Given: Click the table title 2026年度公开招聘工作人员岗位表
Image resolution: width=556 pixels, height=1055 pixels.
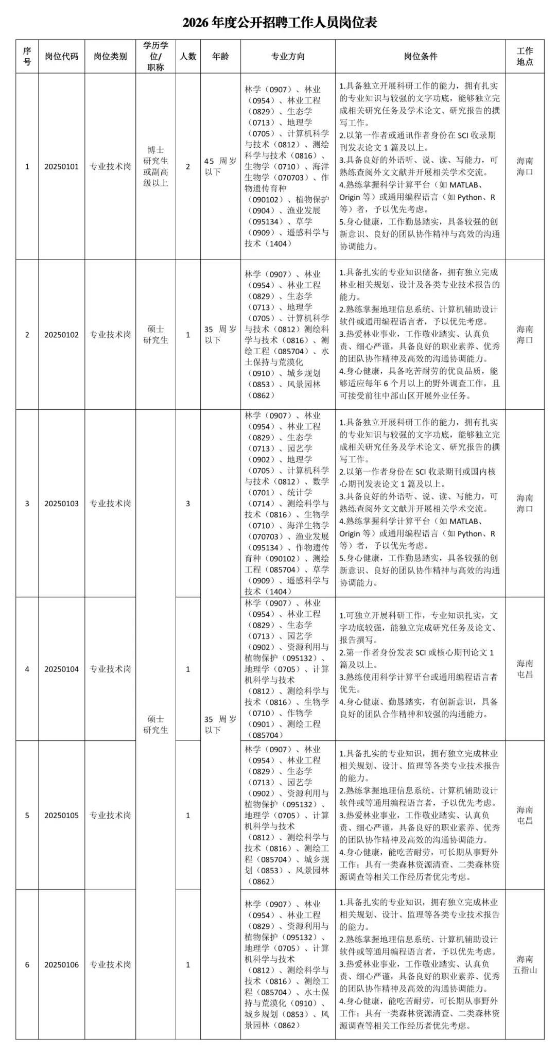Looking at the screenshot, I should point(280,23).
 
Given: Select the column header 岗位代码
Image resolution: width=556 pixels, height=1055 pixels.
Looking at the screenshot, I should point(61,56).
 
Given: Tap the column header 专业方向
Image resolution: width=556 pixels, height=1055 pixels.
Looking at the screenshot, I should point(288,56).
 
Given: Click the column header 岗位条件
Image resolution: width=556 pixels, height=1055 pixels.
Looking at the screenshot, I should point(420,56).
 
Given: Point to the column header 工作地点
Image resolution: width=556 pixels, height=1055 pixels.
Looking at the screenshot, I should point(525,56).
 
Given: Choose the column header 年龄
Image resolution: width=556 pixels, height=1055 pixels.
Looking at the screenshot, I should point(220,56).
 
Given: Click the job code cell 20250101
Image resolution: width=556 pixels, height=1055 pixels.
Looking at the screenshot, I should point(61,166).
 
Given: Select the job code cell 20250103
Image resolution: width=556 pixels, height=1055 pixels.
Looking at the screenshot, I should point(61,503).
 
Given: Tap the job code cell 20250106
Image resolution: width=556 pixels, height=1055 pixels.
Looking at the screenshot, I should point(61,964).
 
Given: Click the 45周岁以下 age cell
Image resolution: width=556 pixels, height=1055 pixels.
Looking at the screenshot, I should point(220,166).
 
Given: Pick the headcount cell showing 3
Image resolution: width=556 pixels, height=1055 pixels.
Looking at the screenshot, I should point(188,503).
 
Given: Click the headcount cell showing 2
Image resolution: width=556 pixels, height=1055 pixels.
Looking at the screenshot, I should point(188,166).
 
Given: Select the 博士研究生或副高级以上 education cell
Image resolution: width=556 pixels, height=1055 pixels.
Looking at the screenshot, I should point(155,166).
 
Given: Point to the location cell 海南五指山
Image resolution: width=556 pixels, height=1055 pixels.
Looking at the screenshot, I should point(525,964).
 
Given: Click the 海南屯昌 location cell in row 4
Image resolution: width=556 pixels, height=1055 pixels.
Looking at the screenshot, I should point(525,669).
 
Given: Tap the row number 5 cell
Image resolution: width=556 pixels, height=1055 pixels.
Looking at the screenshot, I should point(27,815).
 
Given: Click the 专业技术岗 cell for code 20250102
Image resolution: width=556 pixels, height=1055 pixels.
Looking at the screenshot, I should point(110,335).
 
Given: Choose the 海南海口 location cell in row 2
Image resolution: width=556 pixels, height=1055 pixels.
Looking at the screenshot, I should point(525,335).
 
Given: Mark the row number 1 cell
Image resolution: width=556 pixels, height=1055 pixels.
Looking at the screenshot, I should point(27,166).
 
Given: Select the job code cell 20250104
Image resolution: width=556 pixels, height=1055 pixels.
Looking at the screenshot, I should point(61,669).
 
